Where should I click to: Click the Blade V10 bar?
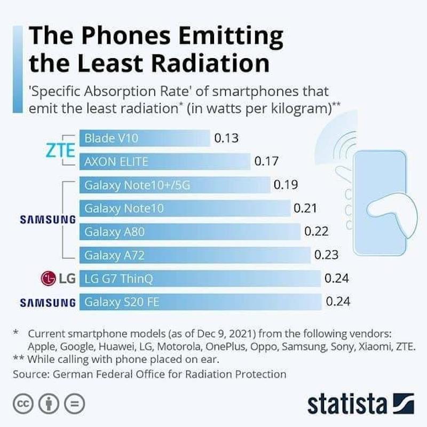[144, 138]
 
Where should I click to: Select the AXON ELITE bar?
[164, 161]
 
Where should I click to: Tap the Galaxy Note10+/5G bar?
[175, 185]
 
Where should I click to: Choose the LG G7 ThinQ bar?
[200, 278]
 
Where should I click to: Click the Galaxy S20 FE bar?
[200, 302]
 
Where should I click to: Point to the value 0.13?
[226, 138]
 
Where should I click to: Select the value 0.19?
[286, 185]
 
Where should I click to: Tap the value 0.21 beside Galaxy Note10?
[306, 208]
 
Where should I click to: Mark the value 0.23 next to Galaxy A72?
[326, 255]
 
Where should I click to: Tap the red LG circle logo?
[49, 278]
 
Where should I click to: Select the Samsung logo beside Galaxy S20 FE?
[48, 303]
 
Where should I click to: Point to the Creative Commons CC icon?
[24, 403]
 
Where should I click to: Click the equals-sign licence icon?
[77, 403]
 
